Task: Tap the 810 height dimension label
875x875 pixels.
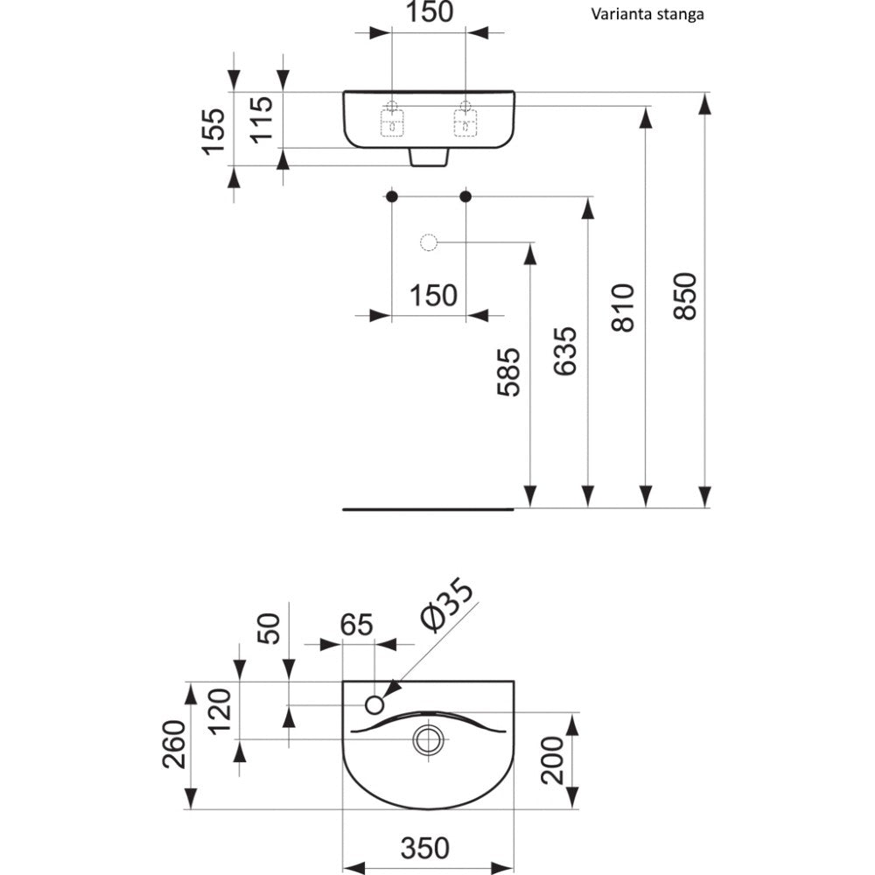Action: coord(623,306)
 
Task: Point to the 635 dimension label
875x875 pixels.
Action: coord(566,352)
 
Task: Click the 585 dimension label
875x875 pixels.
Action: coord(509,372)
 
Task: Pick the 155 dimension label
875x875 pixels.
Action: coord(215,132)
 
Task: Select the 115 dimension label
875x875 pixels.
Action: coord(263,120)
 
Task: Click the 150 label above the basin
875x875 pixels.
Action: coord(428,12)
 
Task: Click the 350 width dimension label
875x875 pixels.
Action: coord(425,847)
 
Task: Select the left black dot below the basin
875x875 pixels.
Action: coord(392,196)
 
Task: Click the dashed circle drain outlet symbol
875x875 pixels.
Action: coord(429,241)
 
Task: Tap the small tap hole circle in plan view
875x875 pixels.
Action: coord(375,703)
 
